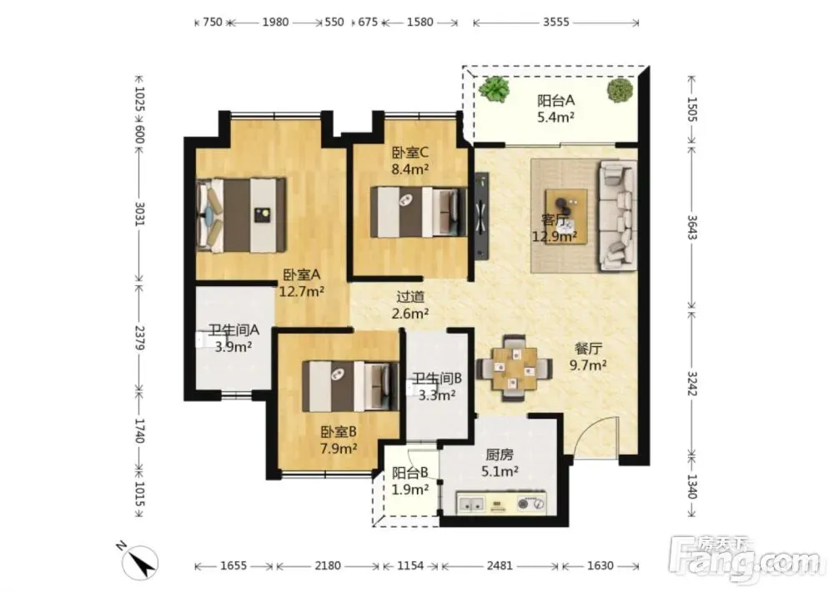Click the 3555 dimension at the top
click(x=555, y=23)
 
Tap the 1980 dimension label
click(x=275, y=23)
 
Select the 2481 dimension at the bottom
click(x=500, y=565)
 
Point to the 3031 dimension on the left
click(x=138, y=214)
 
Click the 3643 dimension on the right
click(x=692, y=227)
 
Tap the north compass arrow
click(x=140, y=563)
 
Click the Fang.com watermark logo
click(x=745, y=559)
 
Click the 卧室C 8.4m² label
click(x=410, y=161)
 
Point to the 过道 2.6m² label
click(x=410, y=305)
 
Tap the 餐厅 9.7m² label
click(x=588, y=357)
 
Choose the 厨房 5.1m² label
click(x=500, y=463)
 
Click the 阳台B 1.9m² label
click(x=410, y=480)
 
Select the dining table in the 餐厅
click(x=513, y=368)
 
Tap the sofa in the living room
click(x=617, y=215)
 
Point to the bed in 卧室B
click(x=350, y=386)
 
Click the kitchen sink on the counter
click(x=471, y=504)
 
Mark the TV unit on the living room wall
click(x=481, y=215)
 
